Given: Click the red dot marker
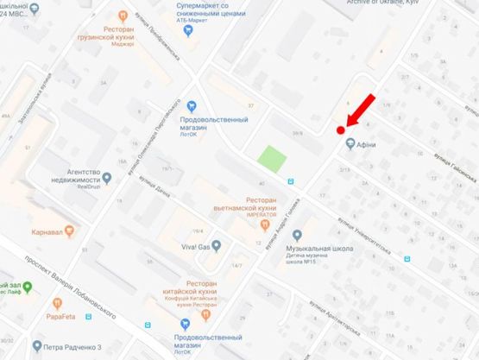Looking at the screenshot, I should [340, 130].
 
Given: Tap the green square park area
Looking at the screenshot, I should [273, 160].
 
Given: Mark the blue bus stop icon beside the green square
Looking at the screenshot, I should [291, 181].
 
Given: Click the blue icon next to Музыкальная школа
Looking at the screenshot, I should [298, 235].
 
